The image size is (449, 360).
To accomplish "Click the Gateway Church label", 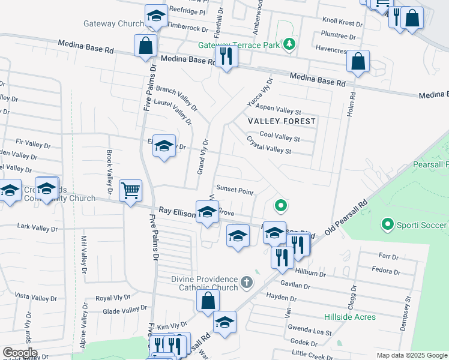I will [x=113, y=24].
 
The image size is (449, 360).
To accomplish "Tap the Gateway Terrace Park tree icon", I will [x=289, y=44].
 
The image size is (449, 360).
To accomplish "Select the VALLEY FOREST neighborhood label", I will [x=282, y=121].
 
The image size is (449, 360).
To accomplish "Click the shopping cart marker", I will [x=130, y=191].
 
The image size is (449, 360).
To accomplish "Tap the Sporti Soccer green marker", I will [x=387, y=225].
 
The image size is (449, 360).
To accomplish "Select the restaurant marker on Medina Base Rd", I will [x=226, y=56].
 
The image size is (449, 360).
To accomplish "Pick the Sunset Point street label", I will [x=235, y=191].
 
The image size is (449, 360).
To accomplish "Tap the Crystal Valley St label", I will [x=269, y=146].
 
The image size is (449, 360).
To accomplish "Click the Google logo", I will [x=20, y=353].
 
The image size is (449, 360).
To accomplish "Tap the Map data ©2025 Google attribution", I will [x=412, y=355].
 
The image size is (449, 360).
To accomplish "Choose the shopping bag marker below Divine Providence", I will [x=208, y=301].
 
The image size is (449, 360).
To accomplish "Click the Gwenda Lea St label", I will [x=310, y=331].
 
